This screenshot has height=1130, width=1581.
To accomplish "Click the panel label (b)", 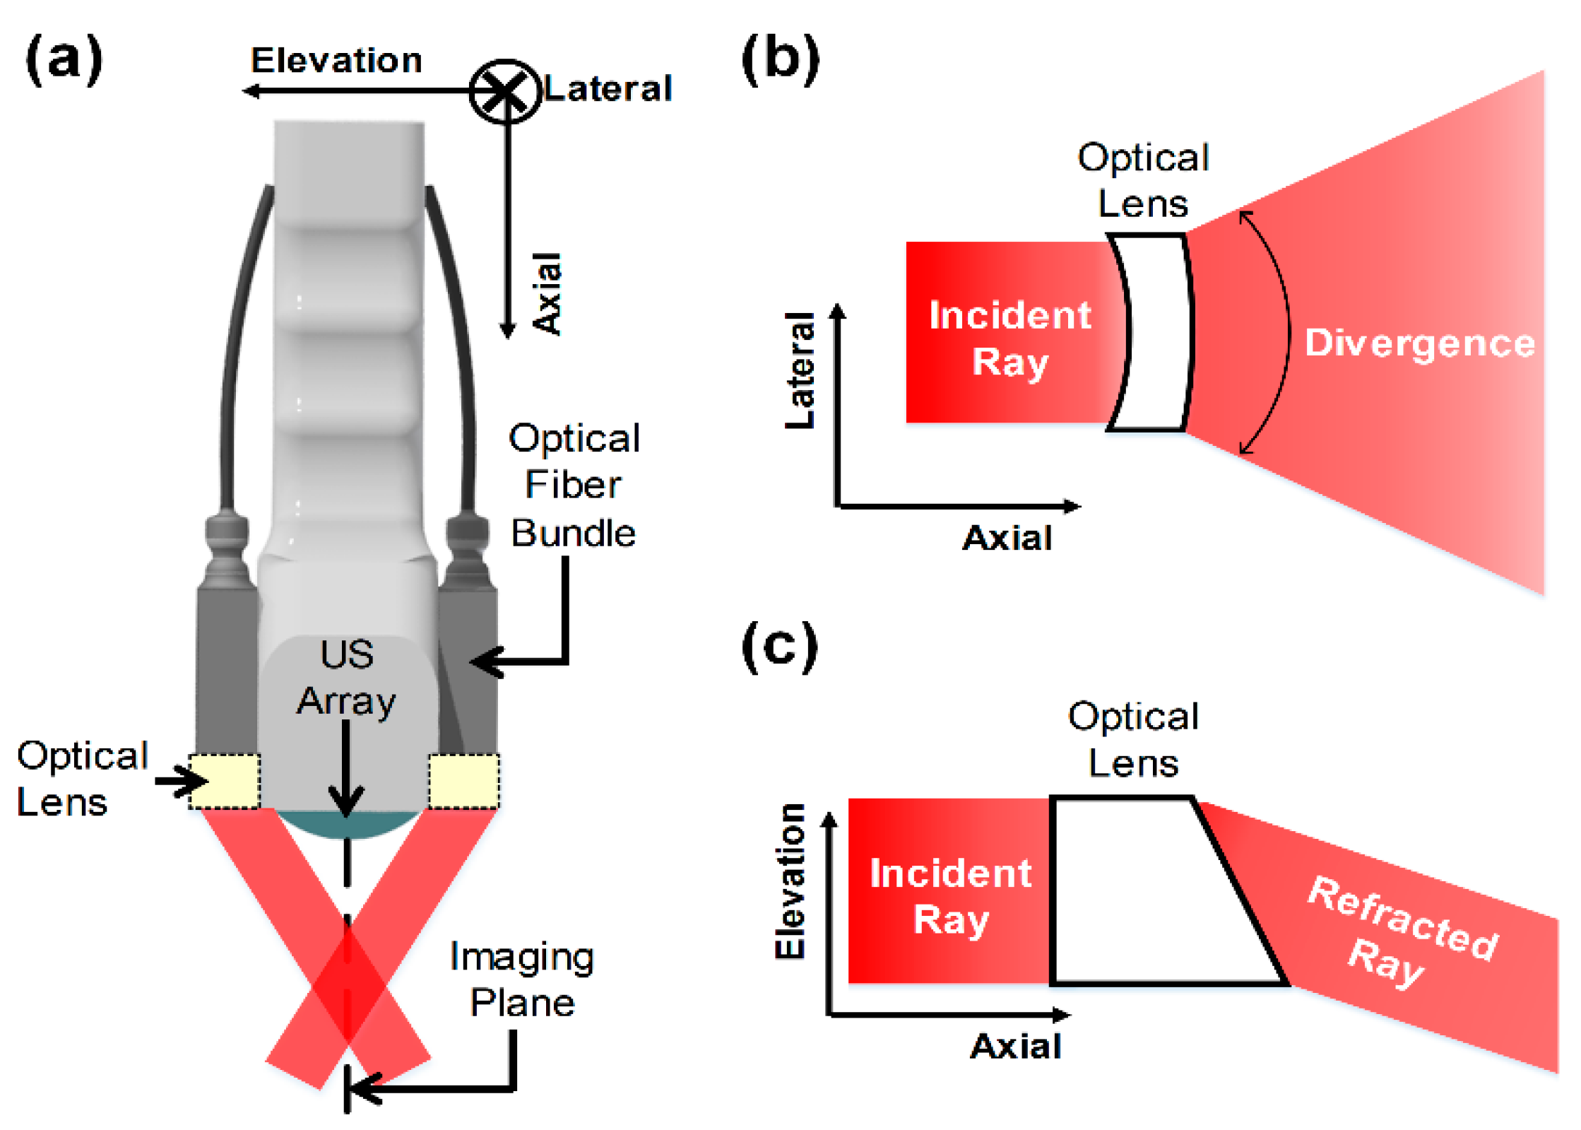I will (781, 59).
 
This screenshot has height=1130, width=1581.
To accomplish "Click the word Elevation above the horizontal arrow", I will (336, 61).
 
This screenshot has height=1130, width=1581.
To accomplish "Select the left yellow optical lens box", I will (225, 781).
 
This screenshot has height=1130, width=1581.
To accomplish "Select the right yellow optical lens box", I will (463, 781).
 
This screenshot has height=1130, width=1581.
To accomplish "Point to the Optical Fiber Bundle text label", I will (574, 485).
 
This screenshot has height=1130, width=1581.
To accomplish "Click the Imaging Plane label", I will (522, 979).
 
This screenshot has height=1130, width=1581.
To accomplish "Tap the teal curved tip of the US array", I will (346, 825).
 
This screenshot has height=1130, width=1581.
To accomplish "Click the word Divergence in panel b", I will (1419, 343).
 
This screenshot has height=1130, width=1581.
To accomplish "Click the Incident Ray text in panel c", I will (950, 896).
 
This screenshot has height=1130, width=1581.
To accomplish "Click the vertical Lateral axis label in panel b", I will (800, 370).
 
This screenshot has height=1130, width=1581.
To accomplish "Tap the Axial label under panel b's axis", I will (1007, 538).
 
